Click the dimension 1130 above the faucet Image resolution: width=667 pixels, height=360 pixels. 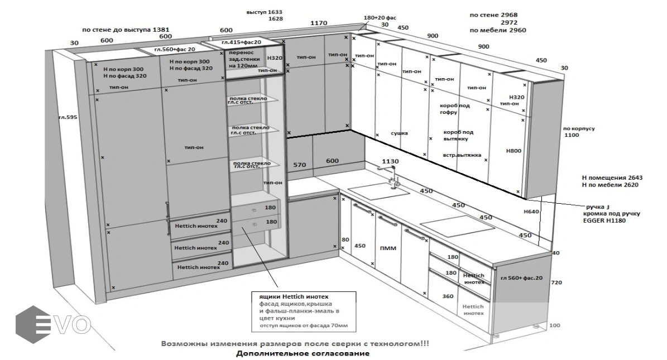391,161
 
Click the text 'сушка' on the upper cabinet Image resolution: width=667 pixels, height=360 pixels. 399,133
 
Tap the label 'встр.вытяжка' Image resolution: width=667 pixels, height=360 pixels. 462,155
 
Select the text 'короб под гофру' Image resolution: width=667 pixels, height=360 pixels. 455,109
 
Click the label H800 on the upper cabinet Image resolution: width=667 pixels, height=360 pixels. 513,151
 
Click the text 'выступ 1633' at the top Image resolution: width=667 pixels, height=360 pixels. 265,12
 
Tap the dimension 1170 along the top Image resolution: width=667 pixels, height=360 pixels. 318,23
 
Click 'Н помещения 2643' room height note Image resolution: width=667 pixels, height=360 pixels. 611,177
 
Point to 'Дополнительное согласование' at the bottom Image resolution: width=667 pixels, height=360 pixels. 302,353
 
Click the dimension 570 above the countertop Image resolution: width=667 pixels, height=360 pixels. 300,165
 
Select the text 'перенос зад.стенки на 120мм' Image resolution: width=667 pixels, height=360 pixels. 242,59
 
